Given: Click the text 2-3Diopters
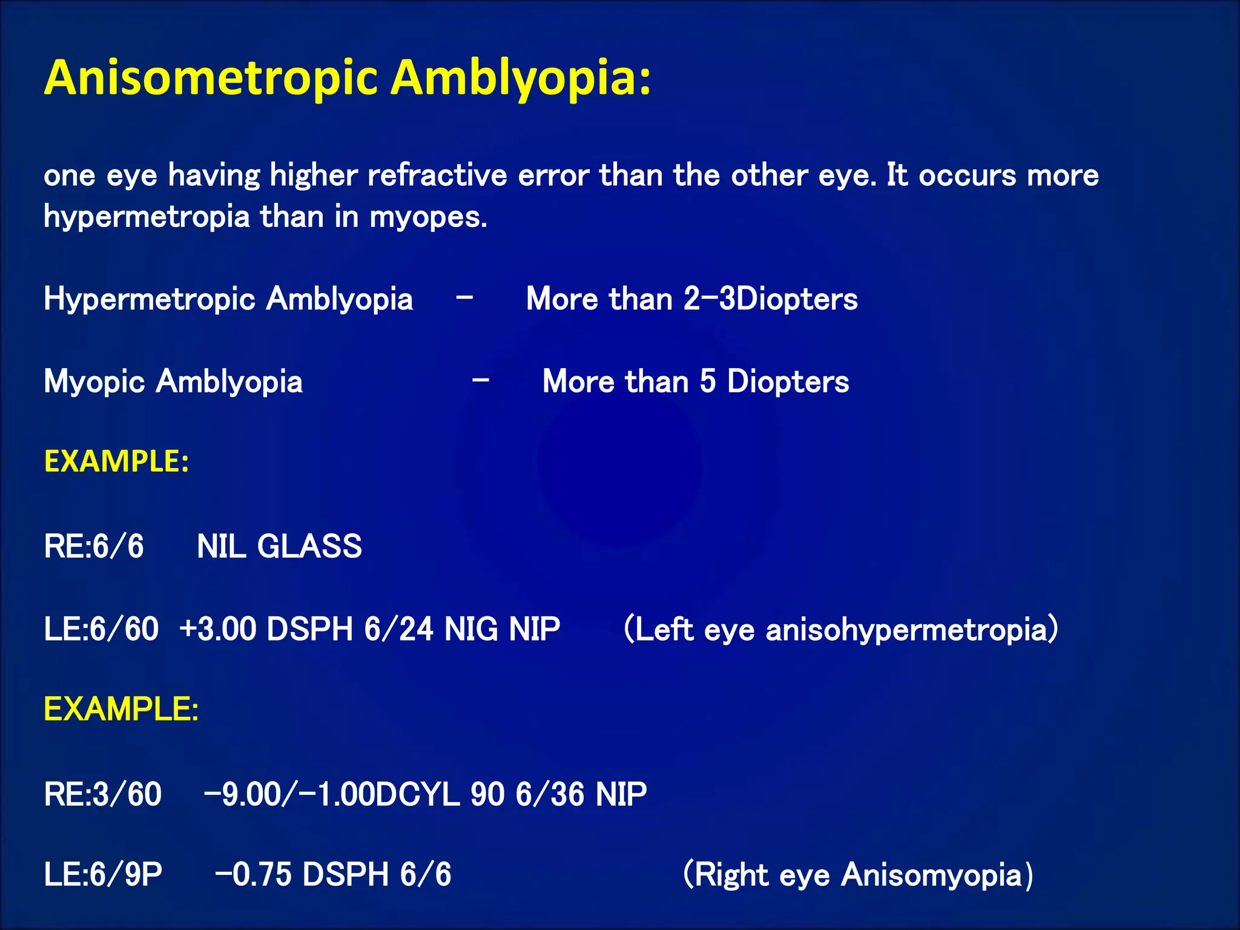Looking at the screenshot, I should coord(770,299).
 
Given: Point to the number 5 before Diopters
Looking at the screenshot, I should coord(707,381).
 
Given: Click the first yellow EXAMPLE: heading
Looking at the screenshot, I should coord(116,461).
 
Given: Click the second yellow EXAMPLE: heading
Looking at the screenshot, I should coord(121,709).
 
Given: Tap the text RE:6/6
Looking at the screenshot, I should coord(94,546).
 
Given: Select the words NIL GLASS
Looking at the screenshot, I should coord(279,546).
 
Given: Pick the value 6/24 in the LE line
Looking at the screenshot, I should coord(398,629).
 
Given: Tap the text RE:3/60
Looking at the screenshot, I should coord(102,794).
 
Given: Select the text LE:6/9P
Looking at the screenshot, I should coord(103,875).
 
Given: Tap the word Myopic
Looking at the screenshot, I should coord(94,382).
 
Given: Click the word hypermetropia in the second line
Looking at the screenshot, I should coord(147,217).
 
